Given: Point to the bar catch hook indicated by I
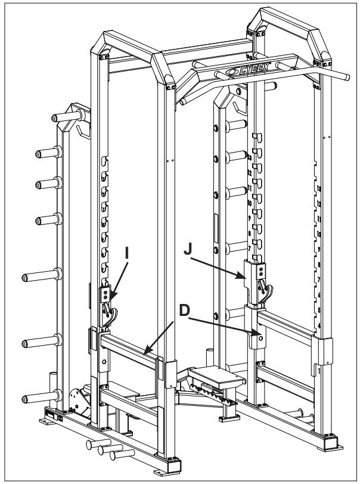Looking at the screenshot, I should click(108, 309).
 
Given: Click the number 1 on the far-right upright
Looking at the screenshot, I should click(319, 370).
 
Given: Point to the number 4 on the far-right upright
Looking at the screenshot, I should click(319, 325).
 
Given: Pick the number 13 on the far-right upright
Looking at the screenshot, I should click(319, 189).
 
